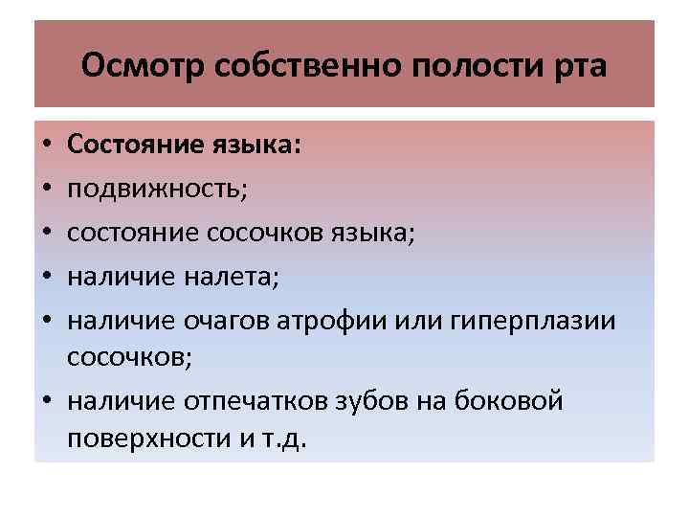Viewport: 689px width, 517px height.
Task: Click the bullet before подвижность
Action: pyautogui.click(x=46, y=189)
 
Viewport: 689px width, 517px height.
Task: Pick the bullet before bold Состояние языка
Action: pyautogui.click(x=46, y=146)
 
